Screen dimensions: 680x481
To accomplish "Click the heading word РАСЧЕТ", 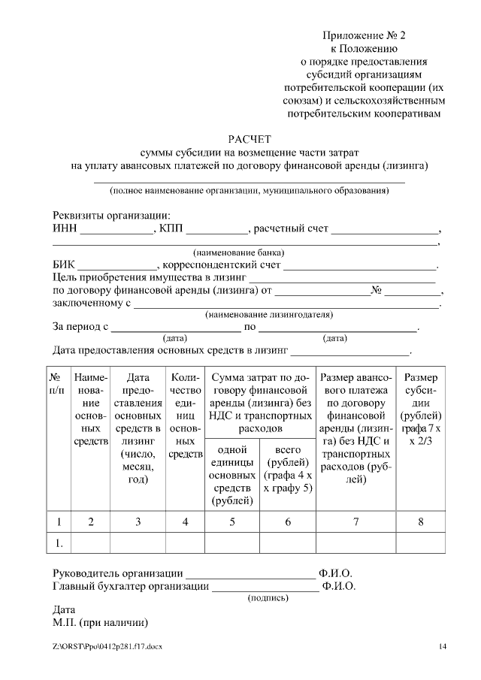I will [249, 139].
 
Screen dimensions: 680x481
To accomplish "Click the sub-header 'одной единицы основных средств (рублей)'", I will [232, 474].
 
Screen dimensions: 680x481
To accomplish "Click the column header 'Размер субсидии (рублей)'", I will [421, 410].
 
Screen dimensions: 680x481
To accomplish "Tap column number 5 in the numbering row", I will [232, 521].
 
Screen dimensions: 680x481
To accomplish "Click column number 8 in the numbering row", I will [421, 521].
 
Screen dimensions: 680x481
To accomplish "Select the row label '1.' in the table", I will [59, 542].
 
